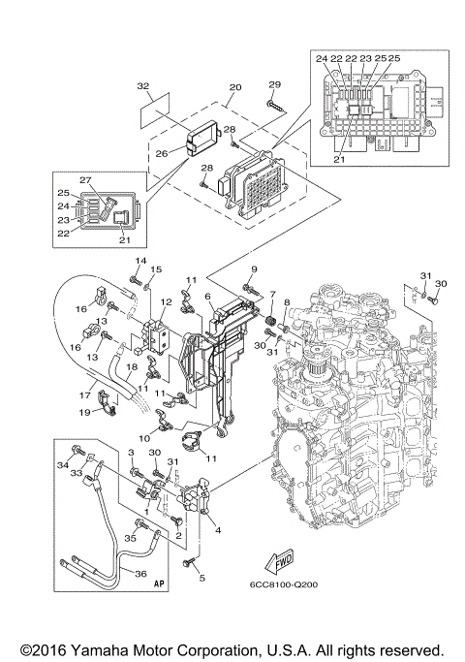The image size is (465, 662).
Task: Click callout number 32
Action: coord(143,86)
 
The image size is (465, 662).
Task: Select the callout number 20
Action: coord(232,86)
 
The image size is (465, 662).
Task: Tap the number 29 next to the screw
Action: coord(274,84)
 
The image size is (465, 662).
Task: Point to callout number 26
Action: coord(162,152)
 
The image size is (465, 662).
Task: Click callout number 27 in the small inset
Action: coord(85,180)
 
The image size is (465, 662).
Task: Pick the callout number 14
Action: coord(139,262)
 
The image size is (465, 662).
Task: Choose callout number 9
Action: coord(254,268)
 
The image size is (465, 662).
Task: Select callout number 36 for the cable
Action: coord(140,574)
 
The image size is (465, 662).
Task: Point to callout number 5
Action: coord(202,578)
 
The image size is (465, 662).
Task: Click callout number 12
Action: coord(167,301)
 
